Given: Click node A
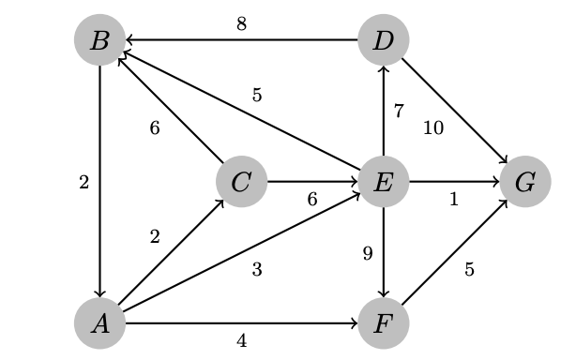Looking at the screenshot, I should pos(100,323).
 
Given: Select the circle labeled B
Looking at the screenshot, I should pos(100,40).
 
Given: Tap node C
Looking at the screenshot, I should pos(241,182).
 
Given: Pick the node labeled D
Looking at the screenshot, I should pos(383,40).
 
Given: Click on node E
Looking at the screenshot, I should pos(383,182).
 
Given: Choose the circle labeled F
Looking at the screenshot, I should pos(383,323).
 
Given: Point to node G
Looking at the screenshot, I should pos(524,182).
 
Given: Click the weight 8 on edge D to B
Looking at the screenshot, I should pos(242,24).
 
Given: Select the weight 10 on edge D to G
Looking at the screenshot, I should pos(432,128).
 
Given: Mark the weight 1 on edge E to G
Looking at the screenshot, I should pos(454,200).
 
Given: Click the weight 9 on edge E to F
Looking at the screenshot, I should pos(368,253).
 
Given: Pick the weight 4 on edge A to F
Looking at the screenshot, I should pos(242,341).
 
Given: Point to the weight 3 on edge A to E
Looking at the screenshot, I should pos(256,270).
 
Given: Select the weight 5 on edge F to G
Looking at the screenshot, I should pos(469,270).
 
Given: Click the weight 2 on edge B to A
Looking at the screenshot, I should pos(83,183).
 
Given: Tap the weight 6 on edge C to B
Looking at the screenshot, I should pos(155,128).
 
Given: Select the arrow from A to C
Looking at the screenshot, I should pos(171,253).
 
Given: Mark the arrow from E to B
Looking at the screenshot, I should pos(242,112).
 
